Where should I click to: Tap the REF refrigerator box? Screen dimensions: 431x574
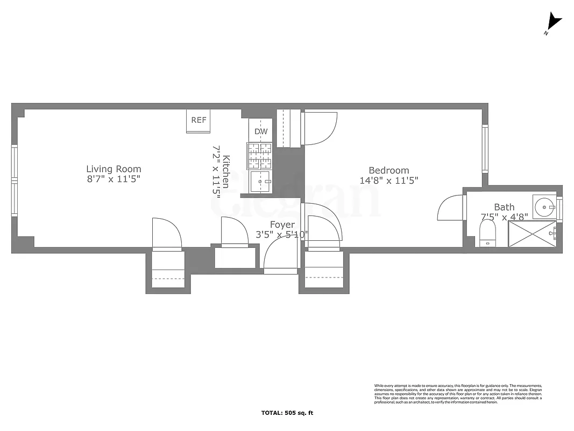point(199,121)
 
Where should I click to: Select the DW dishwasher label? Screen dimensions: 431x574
point(261,131)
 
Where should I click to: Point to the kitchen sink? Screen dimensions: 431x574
point(262,182)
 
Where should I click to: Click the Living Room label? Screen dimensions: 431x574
point(114,169)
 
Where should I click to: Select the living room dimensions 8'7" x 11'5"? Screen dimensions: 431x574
point(114,179)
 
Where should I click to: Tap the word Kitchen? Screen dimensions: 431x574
point(226,171)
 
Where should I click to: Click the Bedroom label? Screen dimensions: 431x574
point(388,171)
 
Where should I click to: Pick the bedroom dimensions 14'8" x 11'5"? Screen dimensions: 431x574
point(388,181)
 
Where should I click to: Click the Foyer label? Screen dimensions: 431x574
point(282,225)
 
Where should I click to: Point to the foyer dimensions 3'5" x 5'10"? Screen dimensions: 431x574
point(282,235)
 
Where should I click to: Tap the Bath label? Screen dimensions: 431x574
point(504,207)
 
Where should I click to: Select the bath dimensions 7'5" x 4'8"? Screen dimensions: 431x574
point(504,217)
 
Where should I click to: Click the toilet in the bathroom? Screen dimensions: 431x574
point(487,235)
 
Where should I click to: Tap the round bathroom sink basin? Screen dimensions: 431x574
point(545,205)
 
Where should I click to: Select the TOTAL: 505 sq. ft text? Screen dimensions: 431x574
point(287,413)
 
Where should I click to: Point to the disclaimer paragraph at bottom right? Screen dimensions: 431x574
point(458,394)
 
